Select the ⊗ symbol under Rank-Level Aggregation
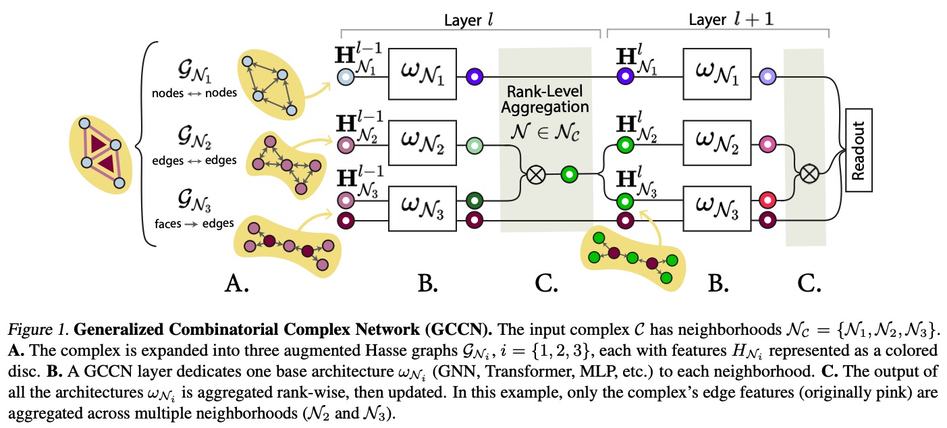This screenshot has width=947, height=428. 535,175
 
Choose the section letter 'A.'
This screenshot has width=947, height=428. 238,284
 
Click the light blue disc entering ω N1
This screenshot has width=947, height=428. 346,76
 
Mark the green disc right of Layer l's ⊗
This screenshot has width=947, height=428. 569,175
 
